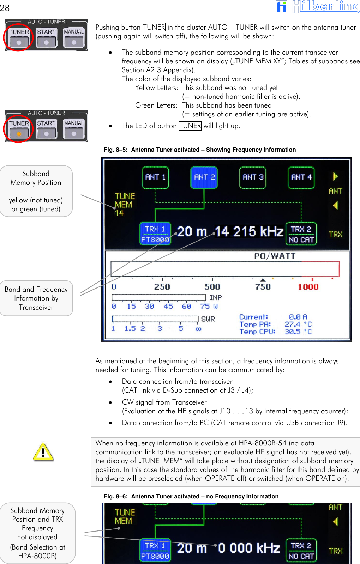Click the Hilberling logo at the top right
318,6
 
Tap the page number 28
5,8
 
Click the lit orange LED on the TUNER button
19,134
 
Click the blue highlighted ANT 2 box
204,177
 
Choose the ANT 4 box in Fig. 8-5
301,177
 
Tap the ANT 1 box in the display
155,177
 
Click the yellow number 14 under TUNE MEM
119,213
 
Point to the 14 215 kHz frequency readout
249,232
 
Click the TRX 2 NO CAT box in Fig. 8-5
301,234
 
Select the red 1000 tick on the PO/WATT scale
308,287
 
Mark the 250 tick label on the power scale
162,287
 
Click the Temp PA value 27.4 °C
298,324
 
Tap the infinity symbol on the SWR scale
198,329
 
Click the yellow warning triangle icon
43,452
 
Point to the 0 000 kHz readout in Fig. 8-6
248,548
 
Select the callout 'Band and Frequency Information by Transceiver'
36,298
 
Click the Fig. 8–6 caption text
191,496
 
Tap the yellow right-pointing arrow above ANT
335,176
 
